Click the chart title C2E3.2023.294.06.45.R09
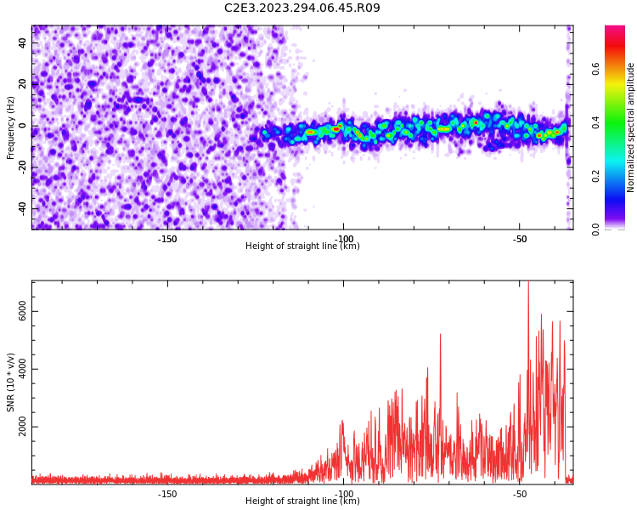pos(302,8)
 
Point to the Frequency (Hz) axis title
pos(10,127)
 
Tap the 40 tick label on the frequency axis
pos(22,42)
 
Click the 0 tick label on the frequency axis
pos(22,126)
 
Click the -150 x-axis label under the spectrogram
pos(167,239)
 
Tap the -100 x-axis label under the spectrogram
pos(343,239)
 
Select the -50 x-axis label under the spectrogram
pos(520,239)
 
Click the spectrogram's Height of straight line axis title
pos(302,246)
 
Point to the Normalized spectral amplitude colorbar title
pos(630,127)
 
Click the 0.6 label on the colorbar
pos(595,69)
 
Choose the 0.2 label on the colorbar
pos(595,176)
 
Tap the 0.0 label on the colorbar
pos(595,229)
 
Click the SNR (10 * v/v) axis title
pos(10,382)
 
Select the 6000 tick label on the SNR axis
pos(22,311)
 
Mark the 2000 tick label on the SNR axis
pos(22,427)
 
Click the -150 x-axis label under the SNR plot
pos(167,494)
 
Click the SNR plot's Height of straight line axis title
pos(302,501)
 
